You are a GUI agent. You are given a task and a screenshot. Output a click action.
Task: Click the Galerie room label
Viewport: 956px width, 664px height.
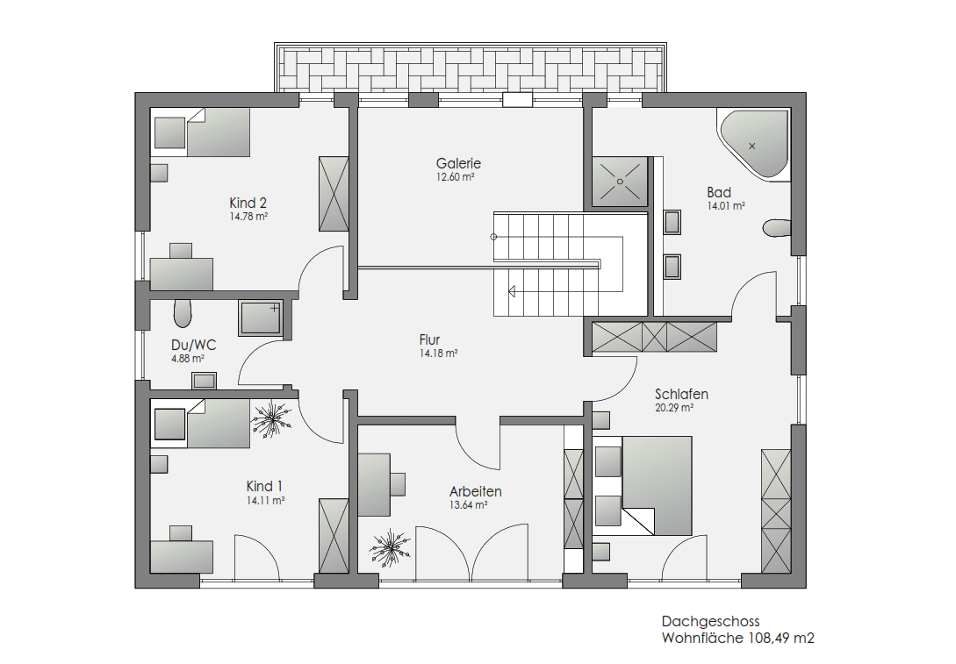[458, 163]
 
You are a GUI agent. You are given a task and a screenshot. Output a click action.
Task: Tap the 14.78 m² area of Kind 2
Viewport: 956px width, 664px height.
[248, 217]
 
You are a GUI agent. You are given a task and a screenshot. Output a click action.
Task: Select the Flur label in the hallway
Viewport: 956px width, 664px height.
[430, 339]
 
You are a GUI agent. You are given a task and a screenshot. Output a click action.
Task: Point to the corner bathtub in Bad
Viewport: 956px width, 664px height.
[754, 145]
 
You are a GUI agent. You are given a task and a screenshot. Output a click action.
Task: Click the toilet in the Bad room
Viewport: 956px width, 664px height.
[777, 228]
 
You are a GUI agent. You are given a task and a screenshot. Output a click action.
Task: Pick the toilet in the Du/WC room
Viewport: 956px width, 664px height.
[183, 313]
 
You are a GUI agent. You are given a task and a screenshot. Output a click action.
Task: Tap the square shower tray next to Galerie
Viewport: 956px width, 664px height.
[620, 180]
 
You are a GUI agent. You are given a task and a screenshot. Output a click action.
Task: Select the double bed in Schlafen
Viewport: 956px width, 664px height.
[643, 486]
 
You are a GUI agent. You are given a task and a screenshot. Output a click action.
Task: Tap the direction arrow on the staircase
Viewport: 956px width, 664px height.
[512, 291]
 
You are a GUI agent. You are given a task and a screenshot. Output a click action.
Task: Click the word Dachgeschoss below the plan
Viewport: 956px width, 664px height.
[711, 621]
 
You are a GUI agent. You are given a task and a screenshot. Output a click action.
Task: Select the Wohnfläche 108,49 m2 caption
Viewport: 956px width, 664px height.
[737, 639]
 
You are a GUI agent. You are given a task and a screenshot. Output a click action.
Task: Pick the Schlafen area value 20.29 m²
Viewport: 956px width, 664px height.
[674, 408]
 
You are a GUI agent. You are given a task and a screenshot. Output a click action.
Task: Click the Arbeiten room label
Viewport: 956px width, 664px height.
[476, 491]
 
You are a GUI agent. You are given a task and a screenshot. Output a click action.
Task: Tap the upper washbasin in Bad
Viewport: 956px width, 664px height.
[672, 222]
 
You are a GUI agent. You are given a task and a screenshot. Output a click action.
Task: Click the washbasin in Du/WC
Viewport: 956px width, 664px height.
[205, 381]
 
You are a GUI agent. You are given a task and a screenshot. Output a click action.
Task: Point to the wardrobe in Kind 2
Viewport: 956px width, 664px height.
[334, 194]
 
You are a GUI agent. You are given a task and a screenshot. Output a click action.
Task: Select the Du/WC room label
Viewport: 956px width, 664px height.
[193, 346]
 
